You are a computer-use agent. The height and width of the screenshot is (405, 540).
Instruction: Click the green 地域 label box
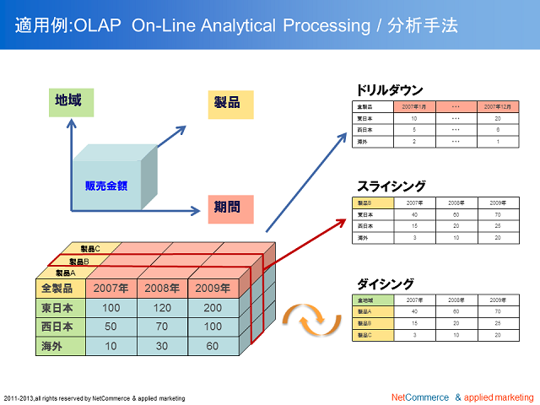(x=69, y=101)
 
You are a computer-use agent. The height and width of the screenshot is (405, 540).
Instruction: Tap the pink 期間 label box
(x=229, y=205)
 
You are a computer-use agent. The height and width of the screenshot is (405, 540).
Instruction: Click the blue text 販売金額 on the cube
(x=106, y=186)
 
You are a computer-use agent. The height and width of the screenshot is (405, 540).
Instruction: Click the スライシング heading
(x=391, y=186)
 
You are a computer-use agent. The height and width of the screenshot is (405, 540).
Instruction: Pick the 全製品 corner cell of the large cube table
(x=59, y=289)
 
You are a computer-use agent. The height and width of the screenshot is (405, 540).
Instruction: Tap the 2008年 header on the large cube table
(x=162, y=289)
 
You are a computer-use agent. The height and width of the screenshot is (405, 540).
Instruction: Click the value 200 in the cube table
(x=213, y=308)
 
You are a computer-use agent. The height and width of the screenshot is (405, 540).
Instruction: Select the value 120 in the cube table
(x=162, y=308)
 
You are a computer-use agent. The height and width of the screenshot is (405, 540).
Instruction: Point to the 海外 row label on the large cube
(x=59, y=346)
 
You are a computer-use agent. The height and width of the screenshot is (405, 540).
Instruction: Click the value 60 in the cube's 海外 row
(x=213, y=346)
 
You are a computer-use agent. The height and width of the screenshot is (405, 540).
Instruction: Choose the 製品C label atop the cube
(x=90, y=249)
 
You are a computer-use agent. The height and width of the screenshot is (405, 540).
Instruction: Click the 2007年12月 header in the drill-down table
(x=498, y=107)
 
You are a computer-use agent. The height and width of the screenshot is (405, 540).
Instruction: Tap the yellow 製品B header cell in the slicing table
(x=371, y=203)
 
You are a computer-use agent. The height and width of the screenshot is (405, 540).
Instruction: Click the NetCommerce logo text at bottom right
(x=419, y=397)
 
